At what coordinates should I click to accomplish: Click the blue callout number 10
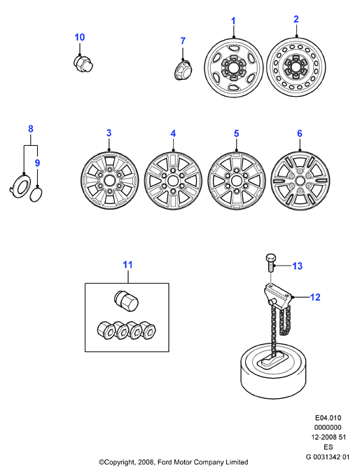click(79, 37)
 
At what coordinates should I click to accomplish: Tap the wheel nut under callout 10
click(83, 64)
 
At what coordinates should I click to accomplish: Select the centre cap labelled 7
click(183, 69)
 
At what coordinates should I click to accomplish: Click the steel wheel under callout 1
click(233, 67)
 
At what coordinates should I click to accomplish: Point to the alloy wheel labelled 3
click(109, 181)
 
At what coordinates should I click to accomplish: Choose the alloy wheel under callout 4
click(173, 182)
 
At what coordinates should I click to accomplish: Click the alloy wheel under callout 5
click(237, 182)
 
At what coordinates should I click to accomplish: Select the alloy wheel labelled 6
click(300, 182)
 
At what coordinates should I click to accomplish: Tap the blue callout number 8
click(31, 129)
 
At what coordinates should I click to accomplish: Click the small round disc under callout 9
click(36, 195)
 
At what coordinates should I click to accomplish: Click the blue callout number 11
click(127, 265)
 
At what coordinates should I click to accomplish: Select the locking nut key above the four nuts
click(126, 301)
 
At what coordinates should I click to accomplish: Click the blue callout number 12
click(315, 297)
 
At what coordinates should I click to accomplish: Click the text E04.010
click(328, 418)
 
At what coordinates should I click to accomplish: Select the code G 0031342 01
click(328, 456)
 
